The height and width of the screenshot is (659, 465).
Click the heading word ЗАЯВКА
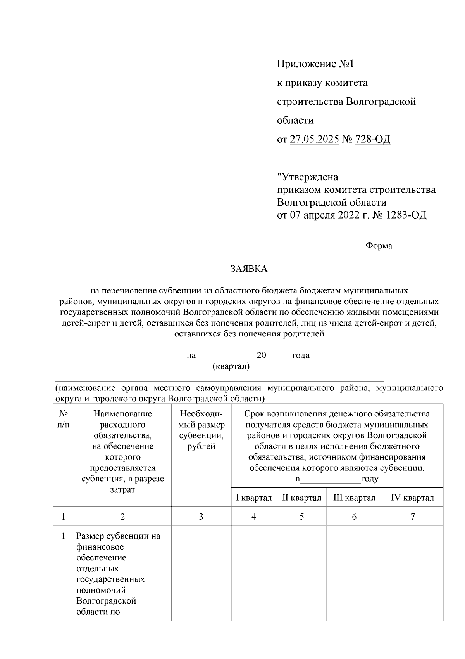[x=249, y=269]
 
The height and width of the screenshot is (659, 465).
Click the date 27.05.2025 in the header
[x=314, y=139]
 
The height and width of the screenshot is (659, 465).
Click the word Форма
[x=379, y=246]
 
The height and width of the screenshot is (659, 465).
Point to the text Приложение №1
[x=315, y=64]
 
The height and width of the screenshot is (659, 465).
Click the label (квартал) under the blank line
[x=231, y=366]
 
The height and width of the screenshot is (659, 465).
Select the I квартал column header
[x=254, y=498]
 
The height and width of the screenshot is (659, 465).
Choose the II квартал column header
[x=301, y=498]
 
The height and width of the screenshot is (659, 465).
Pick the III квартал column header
[x=354, y=498]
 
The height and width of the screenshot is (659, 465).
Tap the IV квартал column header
[x=412, y=498]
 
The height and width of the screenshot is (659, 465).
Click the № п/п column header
[x=64, y=419]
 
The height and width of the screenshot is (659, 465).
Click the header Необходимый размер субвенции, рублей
[x=201, y=430]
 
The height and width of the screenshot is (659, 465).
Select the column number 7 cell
[x=412, y=517]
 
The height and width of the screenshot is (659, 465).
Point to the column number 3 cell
[x=201, y=517]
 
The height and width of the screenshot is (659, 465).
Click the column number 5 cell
[x=301, y=517]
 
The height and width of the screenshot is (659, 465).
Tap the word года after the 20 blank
[x=300, y=356]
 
